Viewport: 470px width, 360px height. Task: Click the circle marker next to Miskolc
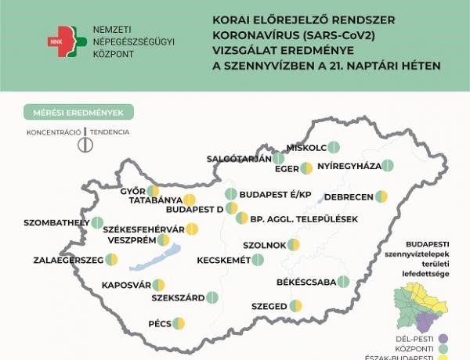pos(333,146)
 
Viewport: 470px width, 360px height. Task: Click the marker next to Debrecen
pos(381,196)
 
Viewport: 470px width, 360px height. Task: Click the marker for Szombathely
pos(97,223)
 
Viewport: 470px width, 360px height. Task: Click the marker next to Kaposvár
pos(159,285)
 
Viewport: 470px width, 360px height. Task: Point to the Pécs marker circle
pos(179,322)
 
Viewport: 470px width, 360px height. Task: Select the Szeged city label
pos(269,306)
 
